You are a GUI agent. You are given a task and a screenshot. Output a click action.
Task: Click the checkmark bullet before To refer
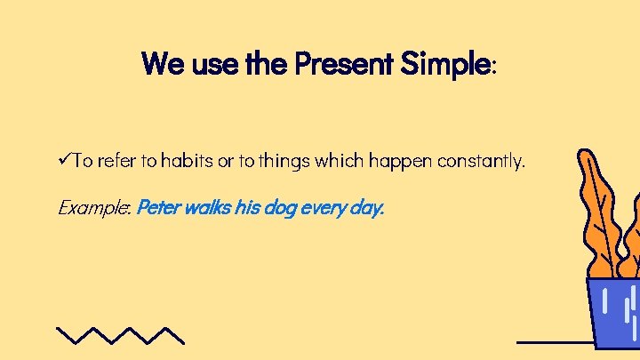(x=63, y=161)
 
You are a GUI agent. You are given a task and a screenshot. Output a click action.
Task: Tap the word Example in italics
(x=93, y=209)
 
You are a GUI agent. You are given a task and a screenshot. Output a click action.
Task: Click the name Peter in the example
(x=158, y=208)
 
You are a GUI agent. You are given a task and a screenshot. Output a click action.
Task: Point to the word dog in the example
(x=279, y=210)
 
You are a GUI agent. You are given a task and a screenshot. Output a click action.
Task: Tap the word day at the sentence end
(x=367, y=210)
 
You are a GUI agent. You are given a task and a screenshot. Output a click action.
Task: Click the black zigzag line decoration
(x=120, y=334)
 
